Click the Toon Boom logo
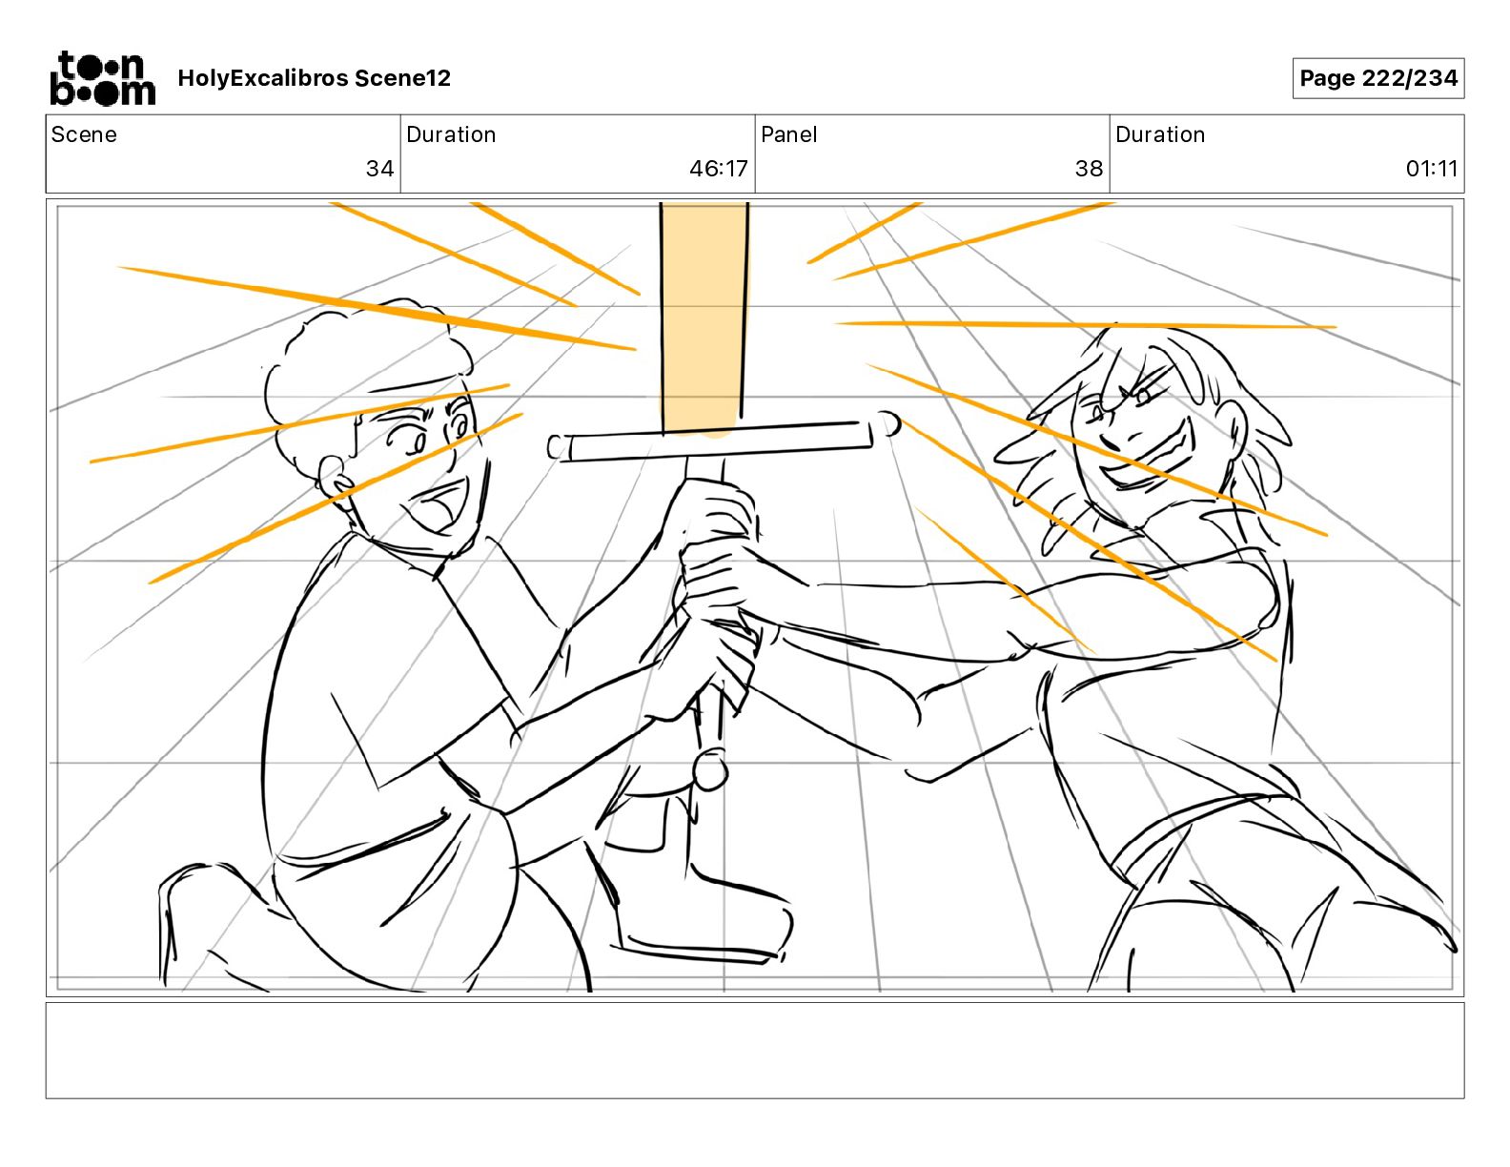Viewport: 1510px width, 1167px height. [103, 78]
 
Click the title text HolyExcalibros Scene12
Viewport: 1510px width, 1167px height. [314, 78]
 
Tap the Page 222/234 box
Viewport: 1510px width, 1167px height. [1378, 78]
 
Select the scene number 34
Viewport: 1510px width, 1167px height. [380, 168]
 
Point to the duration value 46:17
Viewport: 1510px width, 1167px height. [719, 168]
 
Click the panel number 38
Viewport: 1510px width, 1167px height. [1089, 168]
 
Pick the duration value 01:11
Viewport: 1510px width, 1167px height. [1432, 168]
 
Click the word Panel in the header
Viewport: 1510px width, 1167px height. [788, 134]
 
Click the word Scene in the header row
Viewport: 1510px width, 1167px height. [84, 134]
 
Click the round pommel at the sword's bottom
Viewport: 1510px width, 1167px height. [710, 769]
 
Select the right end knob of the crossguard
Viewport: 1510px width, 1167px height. [888, 424]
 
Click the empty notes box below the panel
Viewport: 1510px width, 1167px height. [755, 1051]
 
